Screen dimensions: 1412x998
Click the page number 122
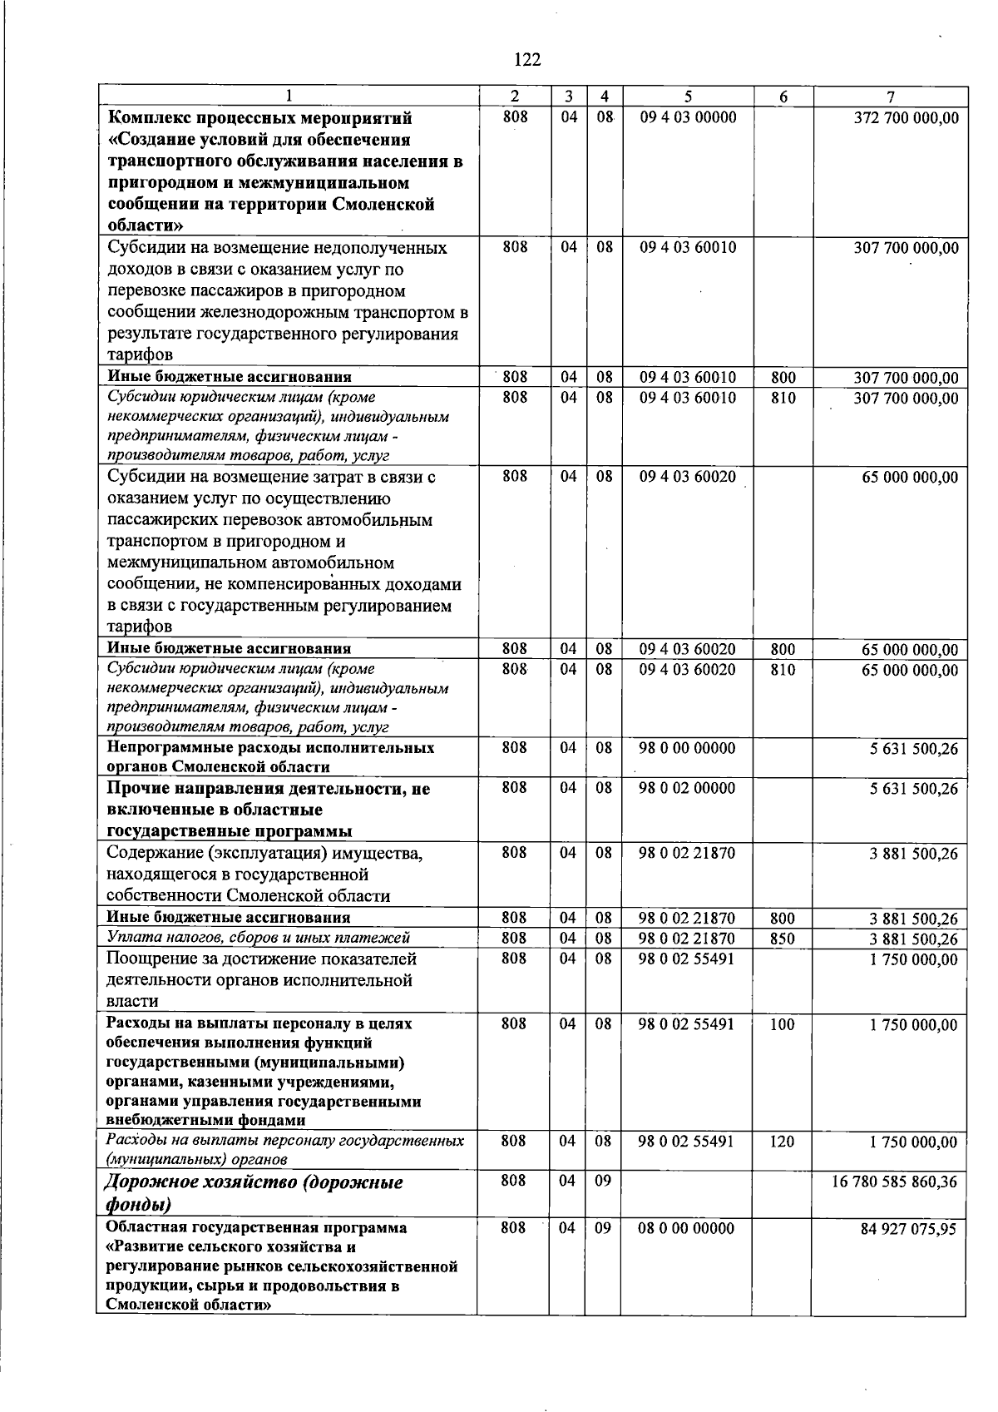tap(527, 59)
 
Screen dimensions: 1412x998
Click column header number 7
tap(889, 97)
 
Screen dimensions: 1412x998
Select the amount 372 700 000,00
tap(906, 118)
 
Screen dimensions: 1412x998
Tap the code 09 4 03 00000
tap(688, 117)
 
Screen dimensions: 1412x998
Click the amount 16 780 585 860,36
tap(894, 1182)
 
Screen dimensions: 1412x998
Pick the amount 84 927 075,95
tap(908, 1229)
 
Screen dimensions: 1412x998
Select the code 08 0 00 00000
tap(686, 1228)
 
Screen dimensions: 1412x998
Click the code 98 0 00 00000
tap(687, 748)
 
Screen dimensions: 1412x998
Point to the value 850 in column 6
tap(782, 939)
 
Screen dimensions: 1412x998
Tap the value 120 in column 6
tap(782, 1142)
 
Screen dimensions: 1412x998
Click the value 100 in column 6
tap(782, 1024)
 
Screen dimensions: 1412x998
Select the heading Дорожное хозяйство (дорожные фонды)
tap(254, 1193)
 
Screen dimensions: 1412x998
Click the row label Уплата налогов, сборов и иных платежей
tap(259, 938)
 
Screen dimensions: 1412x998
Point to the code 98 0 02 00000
tap(687, 787)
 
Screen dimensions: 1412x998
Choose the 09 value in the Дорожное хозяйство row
tap(603, 1181)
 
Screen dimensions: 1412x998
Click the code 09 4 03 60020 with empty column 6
tap(688, 477)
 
